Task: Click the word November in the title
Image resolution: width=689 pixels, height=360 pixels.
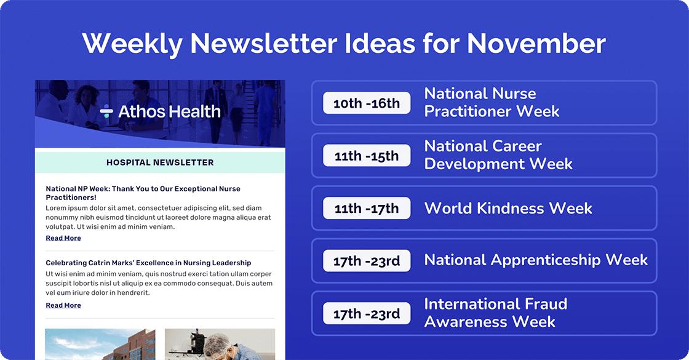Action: [536, 44]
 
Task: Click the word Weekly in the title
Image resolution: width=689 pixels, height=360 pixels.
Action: [132, 44]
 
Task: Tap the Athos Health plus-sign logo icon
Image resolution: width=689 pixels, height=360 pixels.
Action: [106, 112]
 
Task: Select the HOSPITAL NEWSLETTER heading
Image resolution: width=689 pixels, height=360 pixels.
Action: [160, 162]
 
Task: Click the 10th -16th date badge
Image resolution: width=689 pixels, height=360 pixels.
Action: [367, 103]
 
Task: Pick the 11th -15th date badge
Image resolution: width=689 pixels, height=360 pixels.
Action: [367, 156]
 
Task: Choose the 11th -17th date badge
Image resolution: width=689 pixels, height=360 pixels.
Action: [367, 209]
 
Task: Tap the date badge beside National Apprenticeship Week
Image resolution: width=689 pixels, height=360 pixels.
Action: [367, 261]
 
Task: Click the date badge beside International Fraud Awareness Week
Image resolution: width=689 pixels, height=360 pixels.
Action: [367, 314]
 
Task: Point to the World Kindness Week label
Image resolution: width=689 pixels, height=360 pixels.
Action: [508, 208]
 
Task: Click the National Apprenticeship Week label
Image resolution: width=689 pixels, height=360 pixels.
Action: [536, 260]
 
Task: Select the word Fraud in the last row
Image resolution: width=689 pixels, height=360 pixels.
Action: [540, 304]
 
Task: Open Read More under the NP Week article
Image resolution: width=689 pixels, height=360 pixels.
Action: [63, 238]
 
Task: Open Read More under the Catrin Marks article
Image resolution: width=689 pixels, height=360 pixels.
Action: [63, 305]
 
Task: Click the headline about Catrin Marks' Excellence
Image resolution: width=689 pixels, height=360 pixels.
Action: [148, 263]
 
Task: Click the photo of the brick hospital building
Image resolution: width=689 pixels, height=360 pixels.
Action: [100, 344]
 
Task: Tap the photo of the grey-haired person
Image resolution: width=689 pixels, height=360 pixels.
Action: [220, 344]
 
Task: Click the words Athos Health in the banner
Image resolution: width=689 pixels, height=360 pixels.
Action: [169, 111]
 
